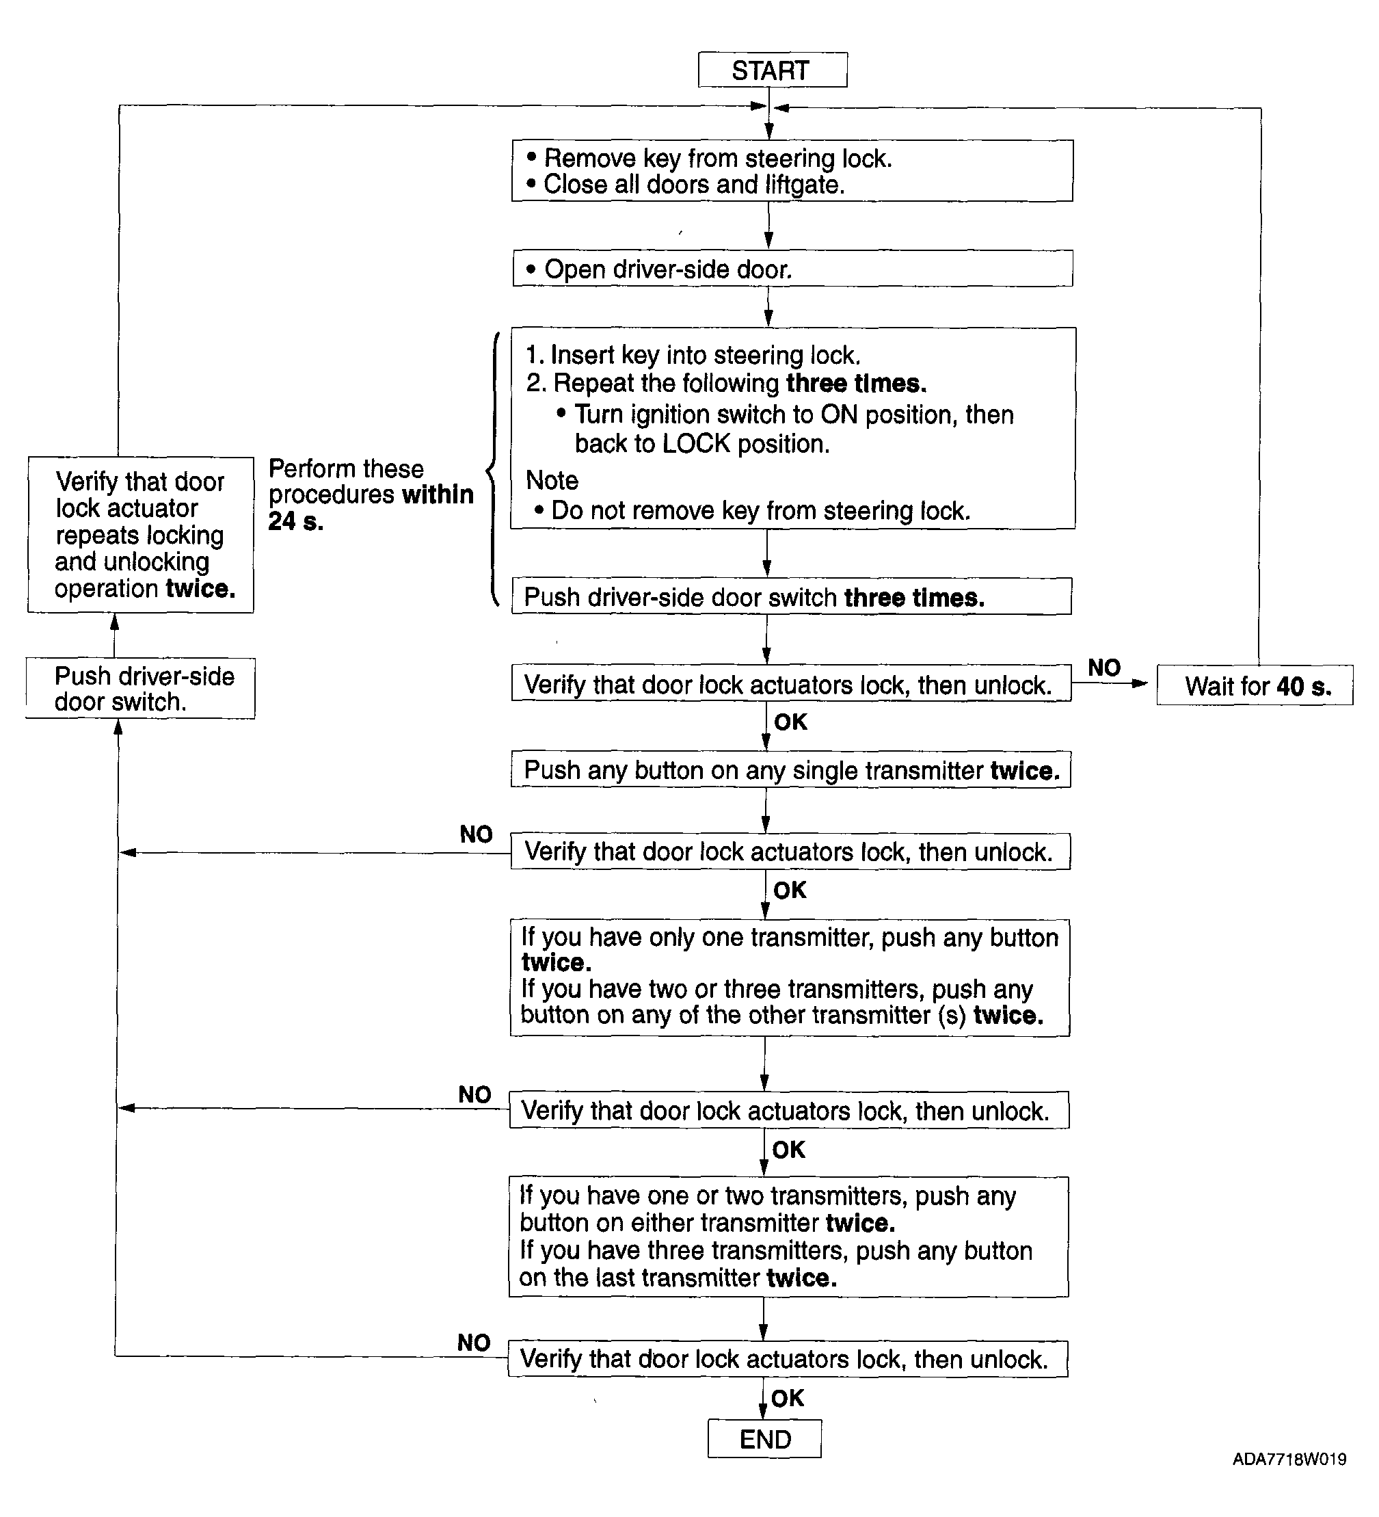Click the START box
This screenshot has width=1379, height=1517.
pyautogui.click(x=773, y=70)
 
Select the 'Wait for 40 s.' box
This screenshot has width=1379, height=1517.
pyautogui.click(x=1255, y=685)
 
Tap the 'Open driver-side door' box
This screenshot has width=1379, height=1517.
pyautogui.click(x=793, y=269)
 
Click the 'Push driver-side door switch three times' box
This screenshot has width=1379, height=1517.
pyautogui.click(x=792, y=596)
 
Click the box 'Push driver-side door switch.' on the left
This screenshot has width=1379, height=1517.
pyautogui.click(x=141, y=689)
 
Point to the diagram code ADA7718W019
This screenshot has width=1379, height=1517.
pyautogui.click(x=1289, y=1460)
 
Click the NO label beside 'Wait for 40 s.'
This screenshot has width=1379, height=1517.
pyautogui.click(x=1104, y=668)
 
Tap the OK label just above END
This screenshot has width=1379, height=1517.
pyautogui.click(x=788, y=1398)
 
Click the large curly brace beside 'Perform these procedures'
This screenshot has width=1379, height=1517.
pyautogui.click(x=492, y=469)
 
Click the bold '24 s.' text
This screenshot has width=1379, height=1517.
pyautogui.click(x=295, y=520)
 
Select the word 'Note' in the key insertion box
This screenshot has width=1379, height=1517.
pyautogui.click(x=552, y=480)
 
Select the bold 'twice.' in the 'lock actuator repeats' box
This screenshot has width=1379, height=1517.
pyautogui.click(x=201, y=588)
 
